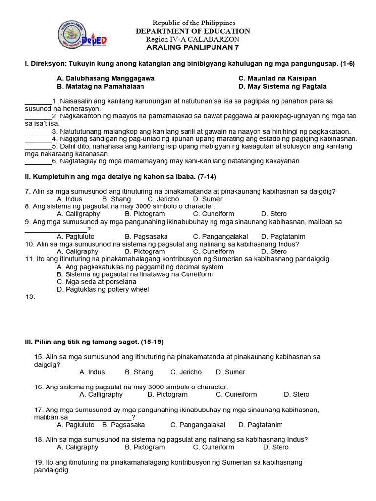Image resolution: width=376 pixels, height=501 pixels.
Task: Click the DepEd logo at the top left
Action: (x=79, y=35)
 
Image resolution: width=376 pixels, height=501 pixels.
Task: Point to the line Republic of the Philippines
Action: (x=193, y=23)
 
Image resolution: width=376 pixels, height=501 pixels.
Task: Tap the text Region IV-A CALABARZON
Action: (x=193, y=39)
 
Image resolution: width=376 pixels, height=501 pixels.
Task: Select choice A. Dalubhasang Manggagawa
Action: (x=106, y=78)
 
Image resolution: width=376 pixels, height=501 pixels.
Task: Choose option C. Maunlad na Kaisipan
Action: (x=278, y=78)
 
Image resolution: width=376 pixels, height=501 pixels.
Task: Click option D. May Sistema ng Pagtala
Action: (x=282, y=86)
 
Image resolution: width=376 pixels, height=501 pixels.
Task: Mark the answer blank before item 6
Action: (x=38, y=161)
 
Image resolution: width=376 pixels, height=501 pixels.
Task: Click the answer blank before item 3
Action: (x=38, y=131)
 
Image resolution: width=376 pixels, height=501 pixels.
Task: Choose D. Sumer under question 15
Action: (x=231, y=372)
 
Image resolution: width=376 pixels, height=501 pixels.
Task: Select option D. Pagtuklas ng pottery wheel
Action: (x=103, y=289)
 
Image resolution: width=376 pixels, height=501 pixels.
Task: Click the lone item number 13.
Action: (x=30, y=296)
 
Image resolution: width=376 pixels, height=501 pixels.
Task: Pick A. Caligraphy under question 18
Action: (x=77, y=447)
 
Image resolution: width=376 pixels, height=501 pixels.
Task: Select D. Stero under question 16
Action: (x=297, y=394)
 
